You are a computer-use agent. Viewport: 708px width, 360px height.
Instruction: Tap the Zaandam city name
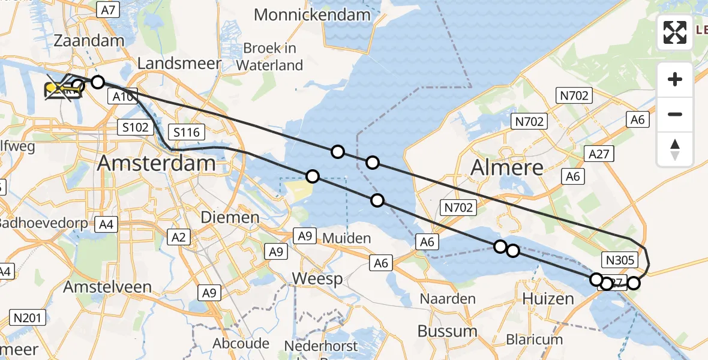(x=89, y=41)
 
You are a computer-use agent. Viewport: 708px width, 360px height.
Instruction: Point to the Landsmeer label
(x=179, y=63)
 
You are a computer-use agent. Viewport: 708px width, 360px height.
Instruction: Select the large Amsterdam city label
(x=156, y=163)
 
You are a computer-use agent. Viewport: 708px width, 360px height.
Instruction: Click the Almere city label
(x=507, y=167)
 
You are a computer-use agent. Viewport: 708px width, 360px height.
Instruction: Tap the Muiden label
(x=347, y=238)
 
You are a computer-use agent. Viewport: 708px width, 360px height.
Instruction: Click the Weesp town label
(x=317, y=278)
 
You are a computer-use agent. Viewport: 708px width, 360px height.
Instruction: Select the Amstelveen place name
(x=108, y=286)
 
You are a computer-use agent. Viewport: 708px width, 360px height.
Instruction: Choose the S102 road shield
(x=135, y=127)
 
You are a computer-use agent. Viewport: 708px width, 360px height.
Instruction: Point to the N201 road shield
(x=25, y=318)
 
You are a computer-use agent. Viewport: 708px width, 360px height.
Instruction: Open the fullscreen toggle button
(x=675, y=32)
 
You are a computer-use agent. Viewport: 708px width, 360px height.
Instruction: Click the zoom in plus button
(x=675, y=79)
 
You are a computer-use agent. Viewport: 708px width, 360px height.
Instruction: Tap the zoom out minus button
(x=675, y=114)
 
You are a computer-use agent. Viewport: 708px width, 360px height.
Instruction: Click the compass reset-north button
(x=675, y=149)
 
